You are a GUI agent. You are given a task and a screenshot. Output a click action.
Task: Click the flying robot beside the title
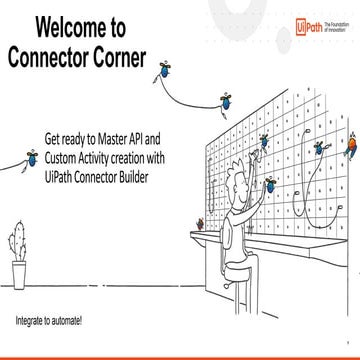coord(162,69)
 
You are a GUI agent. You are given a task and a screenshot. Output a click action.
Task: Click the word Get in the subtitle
coord(75,133)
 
